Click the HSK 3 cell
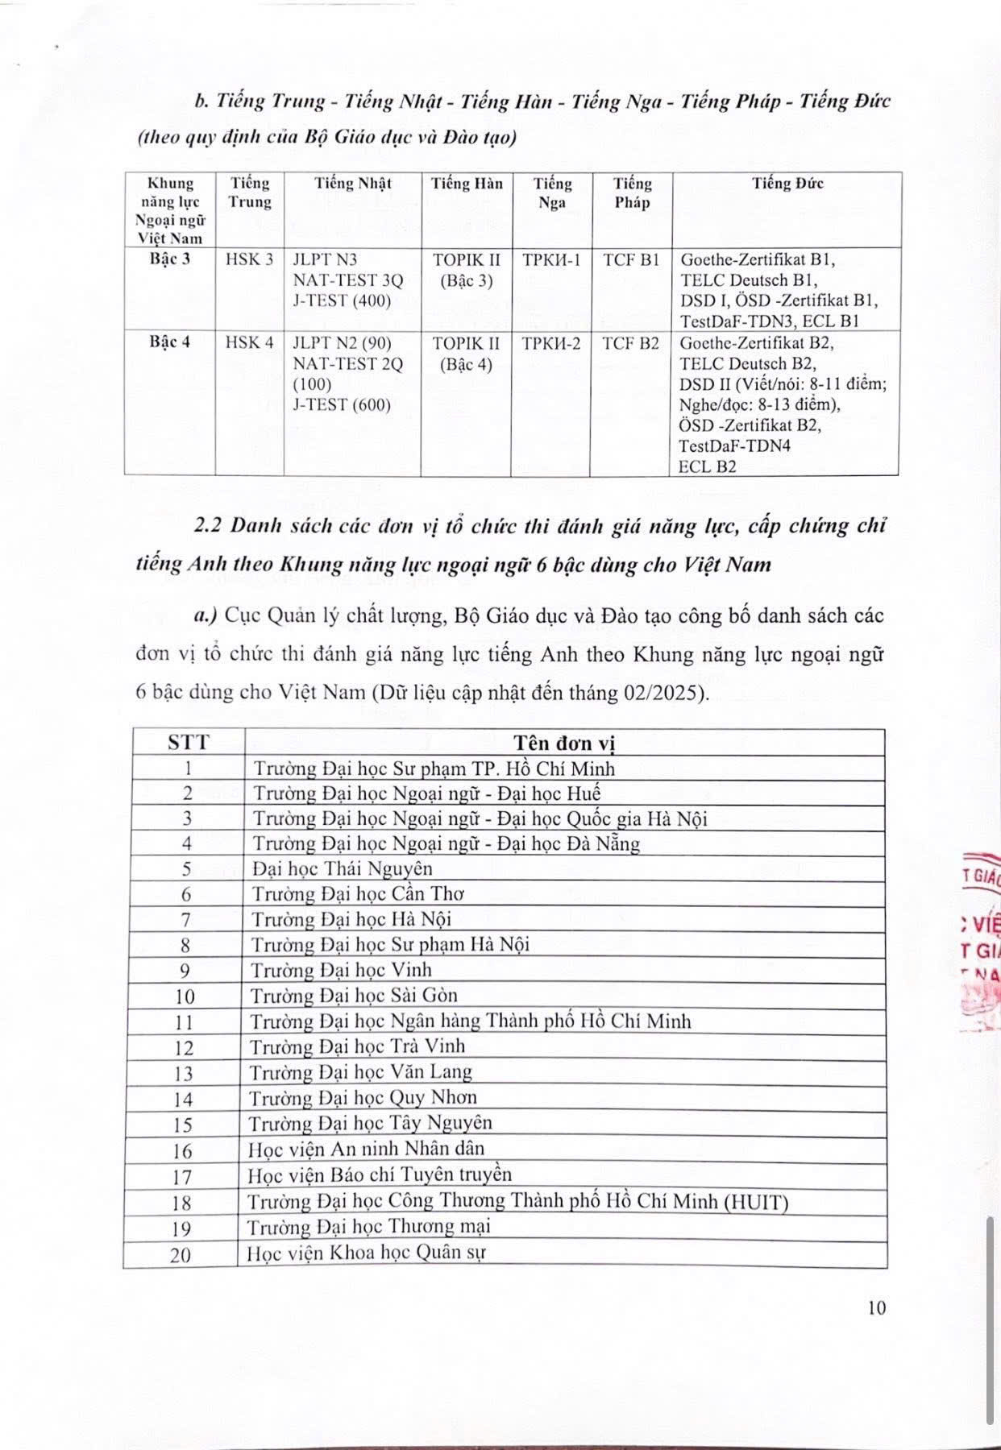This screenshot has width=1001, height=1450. click(250, 259)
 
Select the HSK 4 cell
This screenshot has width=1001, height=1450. click(250, 342)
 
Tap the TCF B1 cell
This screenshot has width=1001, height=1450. click(631, 259)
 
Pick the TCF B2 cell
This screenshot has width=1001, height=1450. click(631, 342)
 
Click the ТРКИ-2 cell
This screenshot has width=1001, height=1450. click(551, 342)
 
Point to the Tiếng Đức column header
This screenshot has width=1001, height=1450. click(787, 183)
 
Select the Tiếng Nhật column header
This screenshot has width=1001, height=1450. click(352, 183)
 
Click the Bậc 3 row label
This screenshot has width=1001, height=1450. click(169, 259)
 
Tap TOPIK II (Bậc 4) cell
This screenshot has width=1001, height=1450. click(466, 353)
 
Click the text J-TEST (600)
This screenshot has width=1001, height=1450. click(342, 404)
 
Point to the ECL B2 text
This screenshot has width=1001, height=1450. click(707, 466)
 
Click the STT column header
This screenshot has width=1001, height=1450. click(187, 742)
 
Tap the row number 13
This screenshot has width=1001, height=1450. click(184, 1073)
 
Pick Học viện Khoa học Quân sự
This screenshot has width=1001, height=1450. click(367, 1253)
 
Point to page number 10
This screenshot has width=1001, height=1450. click(877, 1307)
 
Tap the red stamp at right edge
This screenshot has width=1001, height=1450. click(982, 942)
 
